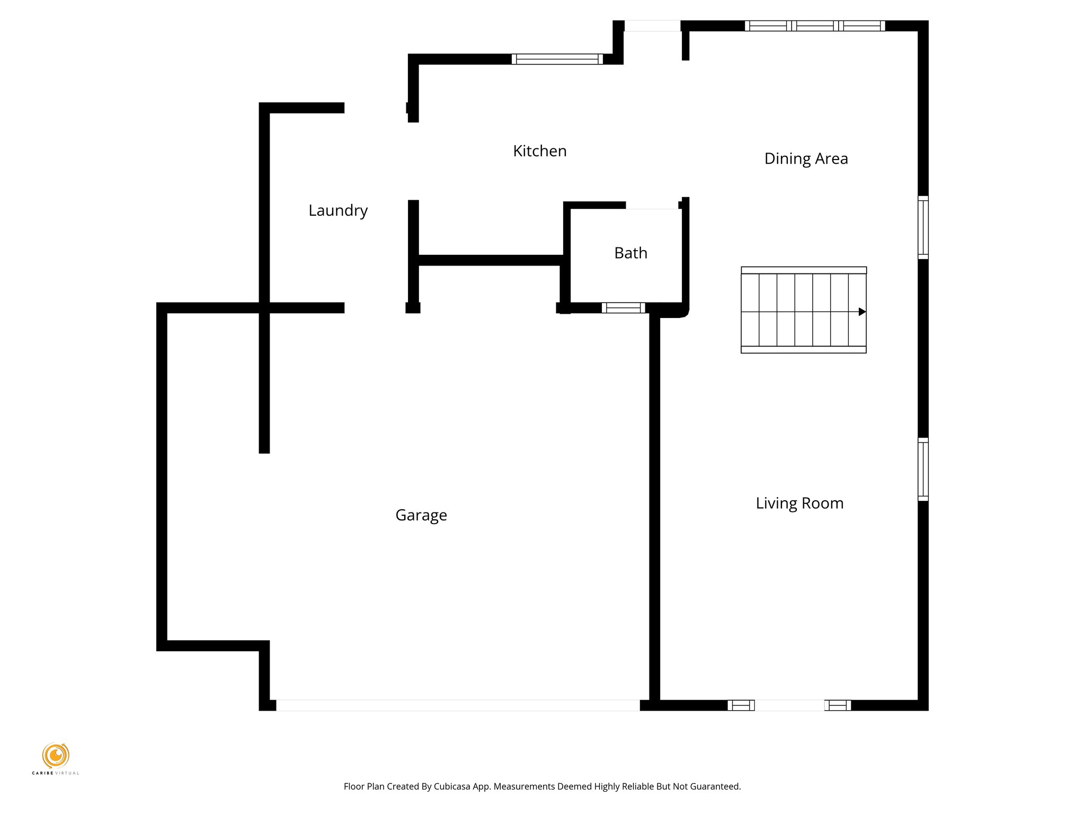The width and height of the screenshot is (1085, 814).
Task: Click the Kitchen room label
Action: point(539,151)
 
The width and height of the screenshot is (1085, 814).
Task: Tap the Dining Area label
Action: point(805,158)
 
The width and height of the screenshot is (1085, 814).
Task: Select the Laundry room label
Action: point(338,210)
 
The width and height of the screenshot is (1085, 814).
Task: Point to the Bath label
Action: point(630,253)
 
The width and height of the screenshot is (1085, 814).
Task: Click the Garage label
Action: point(421,515)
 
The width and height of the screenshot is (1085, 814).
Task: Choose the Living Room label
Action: point(799,503)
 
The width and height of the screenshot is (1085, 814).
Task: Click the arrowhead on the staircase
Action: point(861,312)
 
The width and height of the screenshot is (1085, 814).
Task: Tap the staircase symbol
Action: point(803,310)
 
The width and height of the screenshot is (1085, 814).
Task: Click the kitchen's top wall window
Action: point(557,59)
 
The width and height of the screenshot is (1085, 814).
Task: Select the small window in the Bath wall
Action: point(623,308)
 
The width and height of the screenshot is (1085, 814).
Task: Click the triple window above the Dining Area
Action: point(815,25)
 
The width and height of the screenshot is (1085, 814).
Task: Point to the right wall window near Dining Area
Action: point(923,227)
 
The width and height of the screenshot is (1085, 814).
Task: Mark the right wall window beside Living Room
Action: point(923,470)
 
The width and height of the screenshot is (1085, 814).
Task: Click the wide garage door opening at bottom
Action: point(458,705)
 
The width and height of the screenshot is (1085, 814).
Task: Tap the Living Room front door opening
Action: point(789,705)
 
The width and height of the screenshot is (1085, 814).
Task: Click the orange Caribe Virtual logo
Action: point(55,755)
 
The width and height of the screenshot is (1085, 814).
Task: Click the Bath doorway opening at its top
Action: point(652,205)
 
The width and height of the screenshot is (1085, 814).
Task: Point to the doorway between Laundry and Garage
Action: point(375,308)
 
